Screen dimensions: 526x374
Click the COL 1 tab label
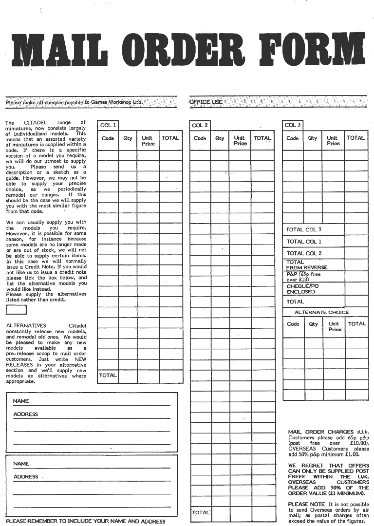pos(108,125)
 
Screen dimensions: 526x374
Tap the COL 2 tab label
pos(200,125)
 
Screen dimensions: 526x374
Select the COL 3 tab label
pos(293,125)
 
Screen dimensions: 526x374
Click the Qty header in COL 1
pos(128,138)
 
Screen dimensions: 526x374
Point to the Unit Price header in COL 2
pos(240,141)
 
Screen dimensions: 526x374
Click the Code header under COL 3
pos(293,138)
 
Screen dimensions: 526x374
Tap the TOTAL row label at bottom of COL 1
pos(108,376)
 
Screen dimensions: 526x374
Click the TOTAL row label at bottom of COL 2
pos(200,512)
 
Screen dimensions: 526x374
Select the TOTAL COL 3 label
pos(304,229)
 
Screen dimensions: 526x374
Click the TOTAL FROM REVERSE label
pos(307,265)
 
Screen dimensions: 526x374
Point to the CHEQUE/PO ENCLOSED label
pos(302,289)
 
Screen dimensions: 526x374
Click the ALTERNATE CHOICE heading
pos(322,312)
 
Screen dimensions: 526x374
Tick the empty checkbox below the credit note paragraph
pos(16,309)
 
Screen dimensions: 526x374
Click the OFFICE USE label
pos(206,102)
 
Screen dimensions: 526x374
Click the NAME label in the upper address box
pos(21,401)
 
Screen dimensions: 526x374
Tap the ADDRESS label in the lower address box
pos(25,477)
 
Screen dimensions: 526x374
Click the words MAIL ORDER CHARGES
pos(321,432)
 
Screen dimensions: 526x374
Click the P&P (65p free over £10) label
pos(303,277)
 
